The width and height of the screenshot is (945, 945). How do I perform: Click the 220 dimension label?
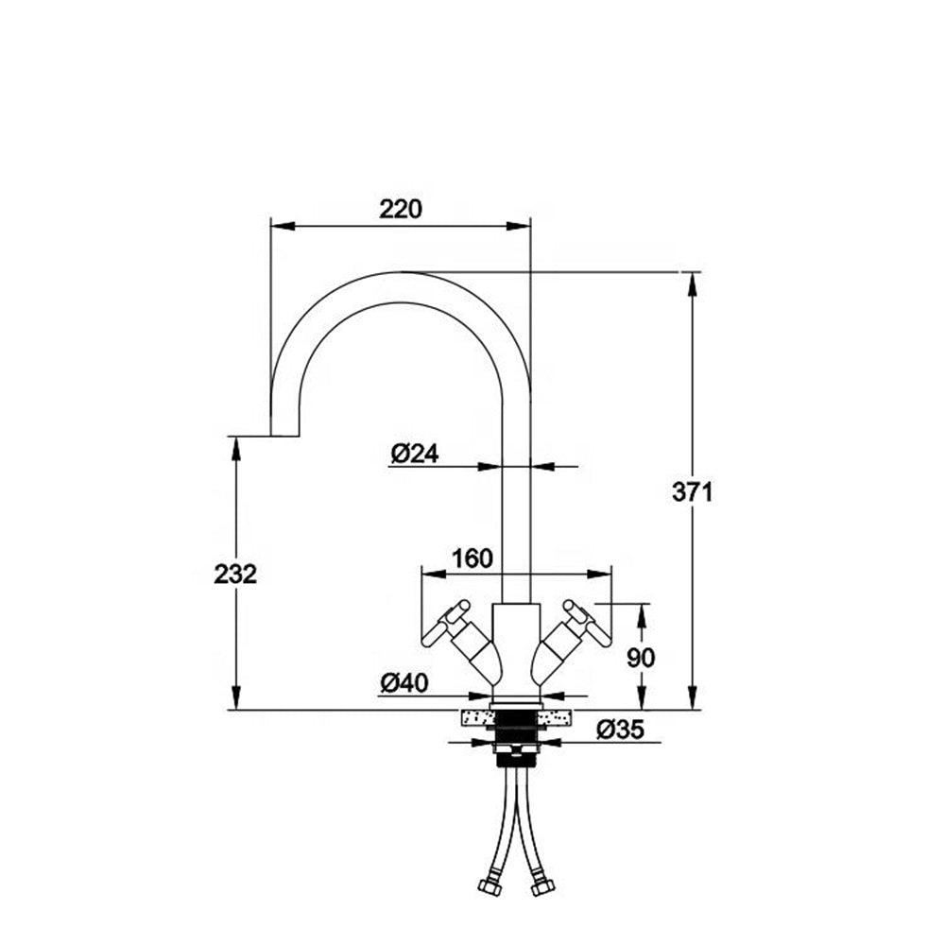click(x=400, y=209)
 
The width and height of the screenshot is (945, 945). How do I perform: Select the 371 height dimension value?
click(x=693, y=491)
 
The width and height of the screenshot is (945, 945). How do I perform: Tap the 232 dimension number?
click(x=235, y=574)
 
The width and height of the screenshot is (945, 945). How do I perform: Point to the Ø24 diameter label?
click(x=414, y=454)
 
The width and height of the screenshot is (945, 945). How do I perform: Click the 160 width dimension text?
click(x=472, y=558)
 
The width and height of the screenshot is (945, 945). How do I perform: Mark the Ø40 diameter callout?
click(x=404, y=682)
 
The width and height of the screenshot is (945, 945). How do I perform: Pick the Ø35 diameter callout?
click(x=620, y=730)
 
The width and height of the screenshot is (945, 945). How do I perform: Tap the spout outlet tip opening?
click(x=285, y=436)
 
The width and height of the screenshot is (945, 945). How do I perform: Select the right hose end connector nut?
click(x=542, y=888)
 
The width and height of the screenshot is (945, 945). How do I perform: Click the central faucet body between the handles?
click(x=516, y=652)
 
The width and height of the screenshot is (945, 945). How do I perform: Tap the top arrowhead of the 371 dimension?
click(x=693, y=283)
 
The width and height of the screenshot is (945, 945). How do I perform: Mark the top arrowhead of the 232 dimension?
click(x=235, y=448)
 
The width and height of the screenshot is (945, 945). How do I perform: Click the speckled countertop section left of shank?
click(x=477, y=719)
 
